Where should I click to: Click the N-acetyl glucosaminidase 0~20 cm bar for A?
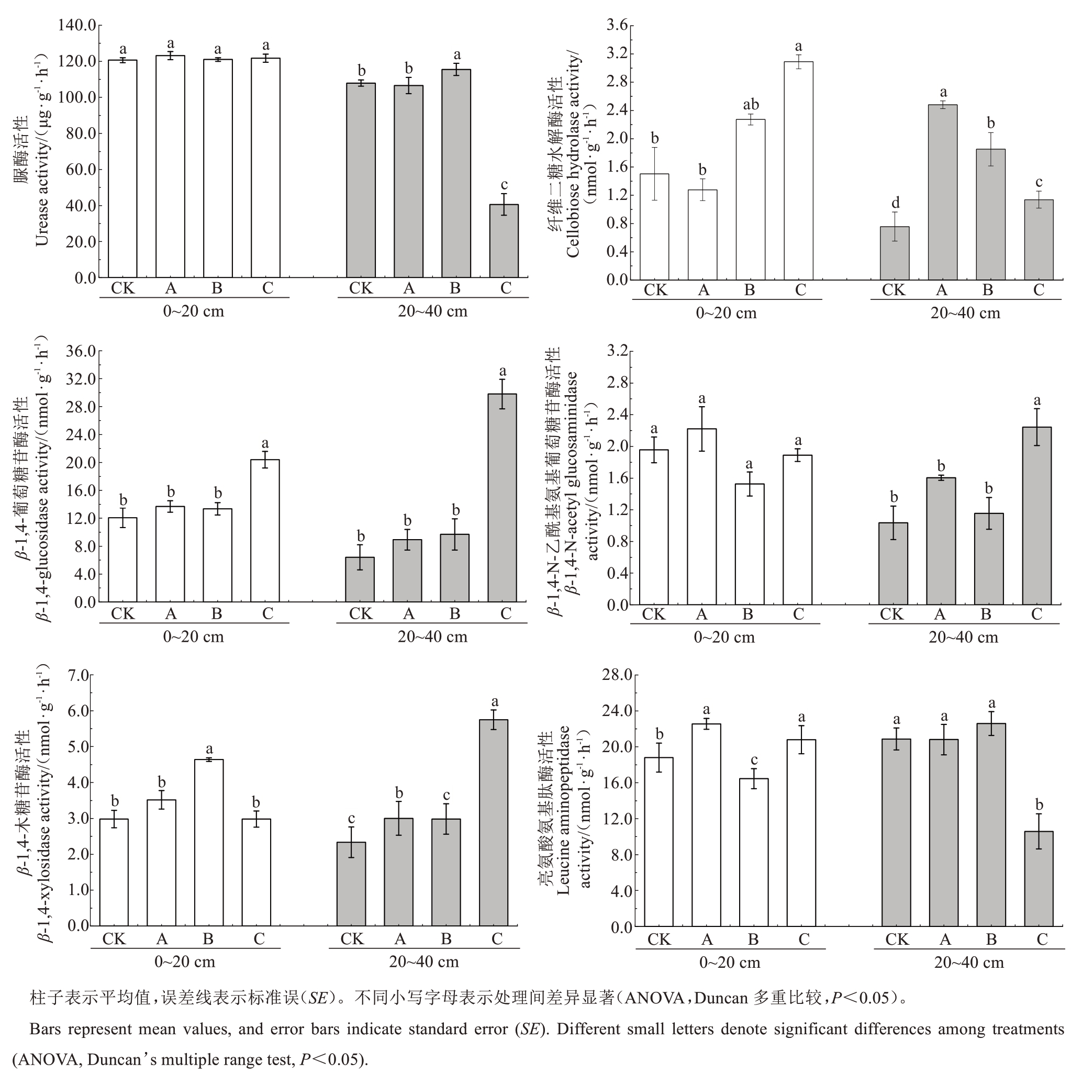701,517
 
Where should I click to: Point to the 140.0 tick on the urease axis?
78,25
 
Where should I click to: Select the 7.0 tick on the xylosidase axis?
79,675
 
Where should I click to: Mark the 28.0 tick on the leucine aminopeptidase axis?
617,675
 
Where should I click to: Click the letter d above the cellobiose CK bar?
895,203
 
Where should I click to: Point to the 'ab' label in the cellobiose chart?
751,104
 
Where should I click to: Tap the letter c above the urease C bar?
504,184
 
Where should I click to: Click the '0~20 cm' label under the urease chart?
193,311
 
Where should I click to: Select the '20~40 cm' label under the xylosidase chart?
424,962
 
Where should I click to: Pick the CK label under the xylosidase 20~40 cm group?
352,938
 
